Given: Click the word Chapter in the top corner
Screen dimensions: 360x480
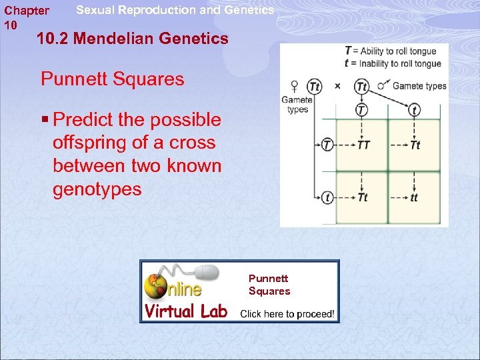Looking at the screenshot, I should [x=27, y=11].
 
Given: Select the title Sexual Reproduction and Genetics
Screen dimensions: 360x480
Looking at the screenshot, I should [x=175, y=10].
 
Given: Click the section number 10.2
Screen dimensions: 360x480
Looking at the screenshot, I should [x=53, y=39].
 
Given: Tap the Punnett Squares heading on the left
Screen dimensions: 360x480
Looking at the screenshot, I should [x=112, y=79].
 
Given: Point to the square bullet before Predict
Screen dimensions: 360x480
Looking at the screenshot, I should [x=45, y=120].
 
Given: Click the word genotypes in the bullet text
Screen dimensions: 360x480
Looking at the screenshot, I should [x=97, y=189].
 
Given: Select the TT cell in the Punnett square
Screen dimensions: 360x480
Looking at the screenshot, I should [x=363, y=145].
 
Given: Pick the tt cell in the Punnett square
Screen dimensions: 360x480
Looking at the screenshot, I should [x=414, y=197].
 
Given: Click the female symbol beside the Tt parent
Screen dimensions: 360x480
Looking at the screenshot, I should [x=295, y=86].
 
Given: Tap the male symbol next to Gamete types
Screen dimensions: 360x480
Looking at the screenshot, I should [x=382, y=85].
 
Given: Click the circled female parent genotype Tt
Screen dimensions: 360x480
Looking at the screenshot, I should [x=314, y=86].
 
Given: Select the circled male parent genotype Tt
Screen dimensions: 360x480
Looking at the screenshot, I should [x=362, y=86].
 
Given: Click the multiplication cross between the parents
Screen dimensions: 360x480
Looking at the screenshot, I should [x=337, y=86].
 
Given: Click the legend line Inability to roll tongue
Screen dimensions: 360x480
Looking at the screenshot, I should [x=393, y=63].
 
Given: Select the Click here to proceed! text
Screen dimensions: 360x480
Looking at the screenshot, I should [x=287, y=313].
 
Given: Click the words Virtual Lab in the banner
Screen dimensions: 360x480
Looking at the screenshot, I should [x=187, y=311].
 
